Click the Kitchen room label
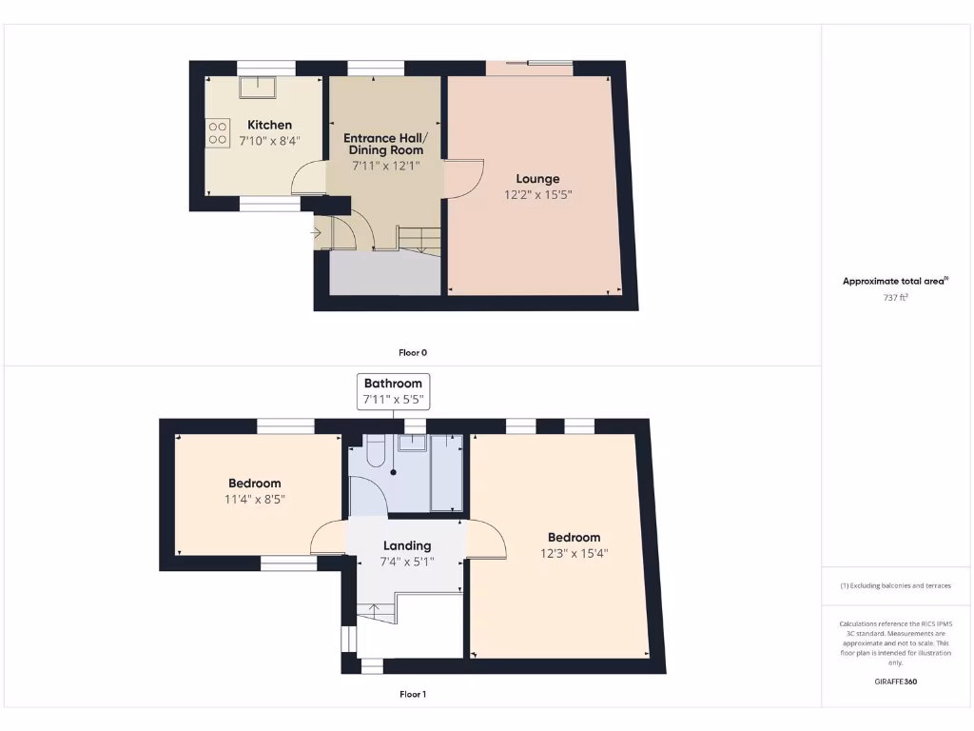pos(269,125)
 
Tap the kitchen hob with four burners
pos(217,132)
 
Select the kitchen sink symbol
pos(257,88)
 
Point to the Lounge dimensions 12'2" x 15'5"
pos(537,194)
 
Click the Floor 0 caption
pos(412,352)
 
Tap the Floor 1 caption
pos(412,694)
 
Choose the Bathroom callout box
pos(393,391)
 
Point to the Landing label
pos(407,545)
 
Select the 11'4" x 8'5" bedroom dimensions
pos(254,498)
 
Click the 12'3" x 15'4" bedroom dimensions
pos(574,552)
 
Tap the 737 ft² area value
pos(895,297)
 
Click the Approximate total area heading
pos(895,281)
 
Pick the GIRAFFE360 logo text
pos(895,682)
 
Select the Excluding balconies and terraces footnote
pos(895,585)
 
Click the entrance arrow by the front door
pos(316,231)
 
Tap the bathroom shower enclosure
pos(446,473)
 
